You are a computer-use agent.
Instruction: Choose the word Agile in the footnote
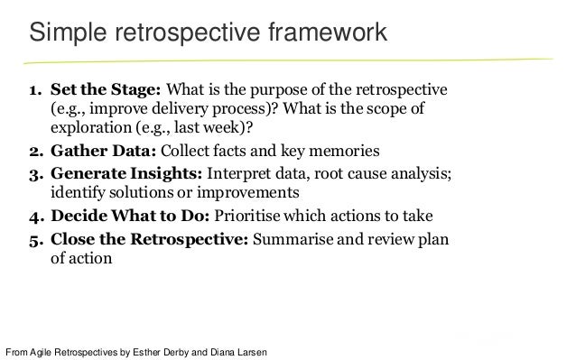(44, 352)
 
